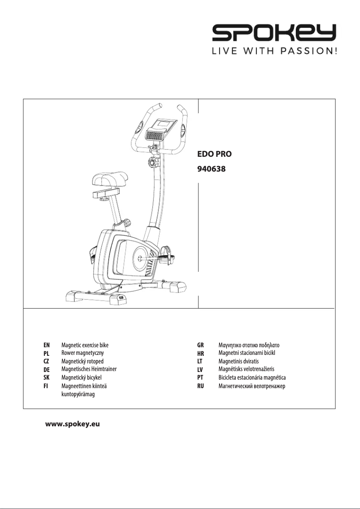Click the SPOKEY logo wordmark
coord(274,33)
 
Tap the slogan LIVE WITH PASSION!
coord(274,51)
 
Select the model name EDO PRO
coord(215,154)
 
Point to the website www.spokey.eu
coord(72,424)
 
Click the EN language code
coord(46,345)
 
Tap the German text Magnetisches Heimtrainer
coord(89,369)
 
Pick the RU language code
coord(201,386)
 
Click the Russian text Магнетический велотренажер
coord(252,386)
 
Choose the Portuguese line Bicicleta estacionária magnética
coord(252,377)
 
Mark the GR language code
coord(201,345)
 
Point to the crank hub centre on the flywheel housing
coord(140,258)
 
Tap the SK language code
coord(46,377)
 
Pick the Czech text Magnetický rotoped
coord(82,361)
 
